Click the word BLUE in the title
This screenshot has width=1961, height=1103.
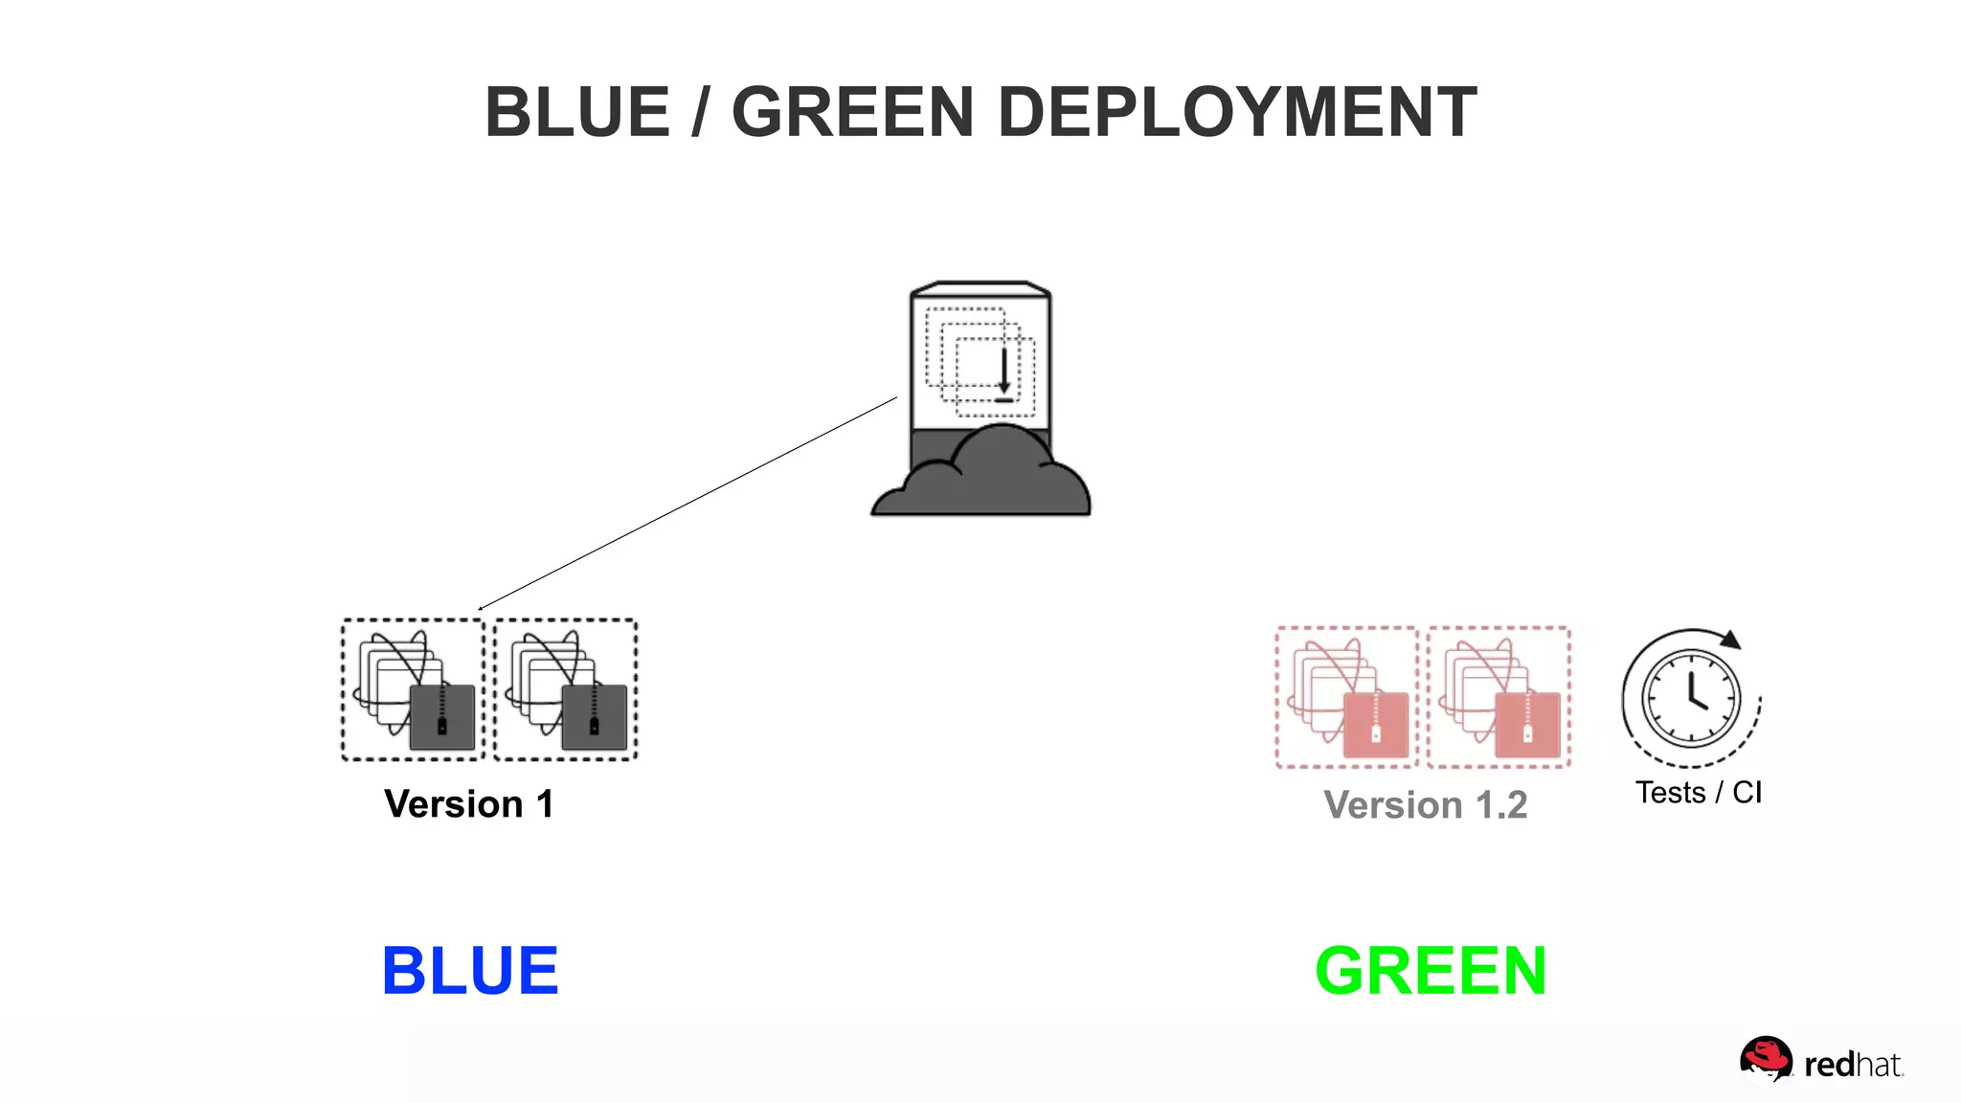[577, 113]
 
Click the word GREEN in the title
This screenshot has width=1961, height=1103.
[852, 113]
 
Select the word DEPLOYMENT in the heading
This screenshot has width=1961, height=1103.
[1237, 113]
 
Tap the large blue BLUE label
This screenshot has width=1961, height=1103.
[470, 971]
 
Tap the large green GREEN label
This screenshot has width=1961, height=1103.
[1431, 971]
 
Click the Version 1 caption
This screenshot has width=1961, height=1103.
[469, 804]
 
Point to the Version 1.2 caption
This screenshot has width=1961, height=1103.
[1425, 805]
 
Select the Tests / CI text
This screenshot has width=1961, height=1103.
[1698, 793]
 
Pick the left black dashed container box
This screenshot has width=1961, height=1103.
[414, 689]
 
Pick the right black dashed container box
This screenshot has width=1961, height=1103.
[566, 689]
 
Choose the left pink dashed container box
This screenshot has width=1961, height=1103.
[1346, 697]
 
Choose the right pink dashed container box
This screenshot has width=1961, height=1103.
[1499, 697]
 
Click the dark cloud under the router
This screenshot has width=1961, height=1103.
[980, 479]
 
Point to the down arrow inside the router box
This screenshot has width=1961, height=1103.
[1003, 373]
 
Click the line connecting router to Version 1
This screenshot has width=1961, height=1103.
[687, 503]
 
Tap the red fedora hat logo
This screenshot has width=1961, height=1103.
[1766, 1059]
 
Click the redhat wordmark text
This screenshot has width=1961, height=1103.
[1853, 1065]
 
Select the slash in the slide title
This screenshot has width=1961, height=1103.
[701, 113]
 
